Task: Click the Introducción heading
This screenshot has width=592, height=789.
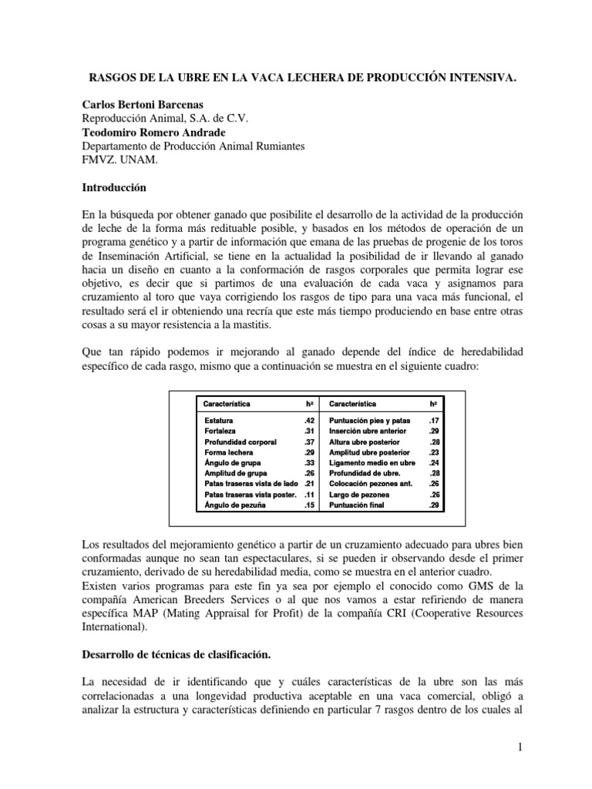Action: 113,187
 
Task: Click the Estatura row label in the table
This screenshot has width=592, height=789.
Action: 219,420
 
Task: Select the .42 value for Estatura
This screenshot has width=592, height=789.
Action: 309,420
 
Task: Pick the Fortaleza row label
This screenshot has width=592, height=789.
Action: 220,431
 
